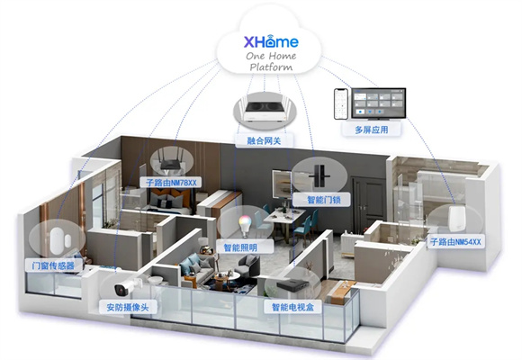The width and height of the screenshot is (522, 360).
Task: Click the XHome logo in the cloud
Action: coord(271,41)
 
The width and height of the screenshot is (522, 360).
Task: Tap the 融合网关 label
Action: coord(264,140)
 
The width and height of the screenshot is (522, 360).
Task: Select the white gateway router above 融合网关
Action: coord(265,111)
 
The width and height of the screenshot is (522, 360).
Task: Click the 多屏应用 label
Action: coord(371,130)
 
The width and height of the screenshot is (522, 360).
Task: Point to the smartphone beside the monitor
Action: coord(341,103)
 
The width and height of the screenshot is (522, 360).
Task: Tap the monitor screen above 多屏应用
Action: coord(379,103)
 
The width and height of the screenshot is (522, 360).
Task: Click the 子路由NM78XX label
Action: coord(171,183)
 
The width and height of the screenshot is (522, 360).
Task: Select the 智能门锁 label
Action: coord(324,200)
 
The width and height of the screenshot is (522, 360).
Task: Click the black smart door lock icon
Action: coord(319,175)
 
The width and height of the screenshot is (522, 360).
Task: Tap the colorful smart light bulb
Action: coord(244,227)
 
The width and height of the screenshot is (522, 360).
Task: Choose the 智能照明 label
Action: coord(240,247)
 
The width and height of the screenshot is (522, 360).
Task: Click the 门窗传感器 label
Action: coord(53,265)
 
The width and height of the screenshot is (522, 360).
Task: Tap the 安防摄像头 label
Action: coord(128,307)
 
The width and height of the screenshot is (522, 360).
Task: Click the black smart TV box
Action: coord(292,285)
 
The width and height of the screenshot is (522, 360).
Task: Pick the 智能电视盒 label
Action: coord(293,307)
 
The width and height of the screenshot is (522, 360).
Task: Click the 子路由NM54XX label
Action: coord(455,242)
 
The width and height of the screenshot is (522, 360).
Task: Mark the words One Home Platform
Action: coord(271,61)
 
